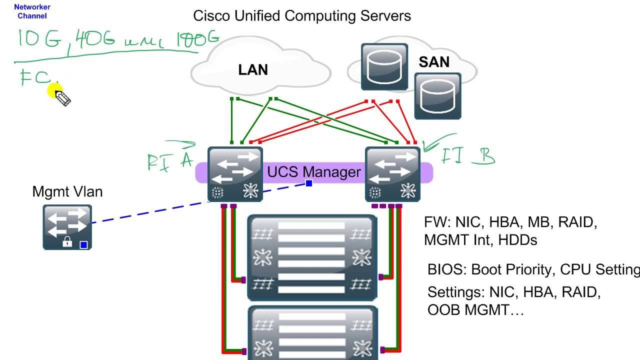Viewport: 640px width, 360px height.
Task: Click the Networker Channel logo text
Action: click(x=32, y=11)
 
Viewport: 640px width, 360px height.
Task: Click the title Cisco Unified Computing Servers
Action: click(x=302, y=16)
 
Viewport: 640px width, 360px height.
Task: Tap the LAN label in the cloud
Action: click(x=253, y=70)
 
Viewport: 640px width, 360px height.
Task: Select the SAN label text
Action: click(x=434, y=62)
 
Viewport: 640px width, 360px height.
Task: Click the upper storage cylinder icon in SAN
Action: click(x=384, y=66)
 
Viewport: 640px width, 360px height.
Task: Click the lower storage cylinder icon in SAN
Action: click(x=437, y=95)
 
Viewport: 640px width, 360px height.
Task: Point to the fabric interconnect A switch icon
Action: click(x=235, y=174)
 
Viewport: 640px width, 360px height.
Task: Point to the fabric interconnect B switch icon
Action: click(x=392, y=174)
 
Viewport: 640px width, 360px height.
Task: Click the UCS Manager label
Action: click(x=314, y=172)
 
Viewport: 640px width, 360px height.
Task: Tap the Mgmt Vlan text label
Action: click(x=67, y=191)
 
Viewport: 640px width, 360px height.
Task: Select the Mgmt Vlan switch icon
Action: click(x=67, y=226)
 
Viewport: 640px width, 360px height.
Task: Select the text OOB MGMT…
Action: click(x=475, y=310)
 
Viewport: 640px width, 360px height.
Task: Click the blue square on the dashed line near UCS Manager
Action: click(x=309, y=183)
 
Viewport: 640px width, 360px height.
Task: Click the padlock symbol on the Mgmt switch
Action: click(x=66, y=242)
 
